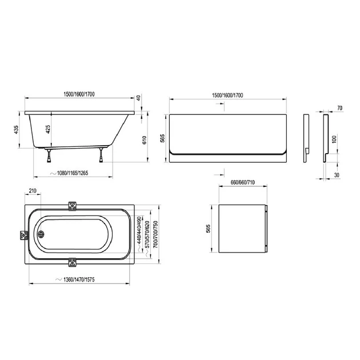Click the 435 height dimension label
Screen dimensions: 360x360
tap(16, 130)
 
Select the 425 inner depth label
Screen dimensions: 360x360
tap(48, 130)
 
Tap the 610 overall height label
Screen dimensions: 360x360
tap(145, 140)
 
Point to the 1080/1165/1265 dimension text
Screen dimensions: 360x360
tap(73, 173)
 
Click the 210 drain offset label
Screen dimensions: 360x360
tap(33, 191)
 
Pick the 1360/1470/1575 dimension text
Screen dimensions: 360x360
tap(79, 279)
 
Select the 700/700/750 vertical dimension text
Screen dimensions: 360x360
tap(155, 234)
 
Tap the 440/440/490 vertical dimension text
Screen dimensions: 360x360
tap(139, 230)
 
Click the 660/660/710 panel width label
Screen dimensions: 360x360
tap(243, 182)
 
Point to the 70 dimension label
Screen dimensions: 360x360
tap(340, 108)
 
